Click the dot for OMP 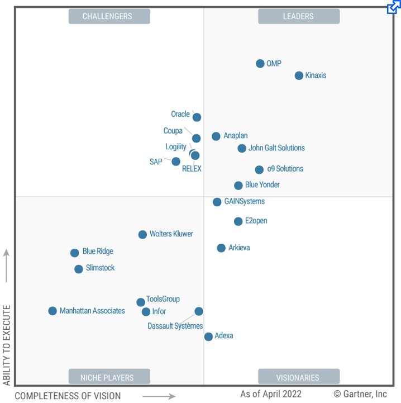point(260,64)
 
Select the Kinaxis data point point(299,75)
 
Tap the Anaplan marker point(216,136)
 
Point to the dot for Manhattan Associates point(52,311)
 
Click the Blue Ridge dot point(75,253)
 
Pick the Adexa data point point(208,336)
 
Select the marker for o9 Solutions point(259,170)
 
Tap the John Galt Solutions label point(276,148)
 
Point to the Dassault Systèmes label point(175,326)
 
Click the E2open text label point(256,221)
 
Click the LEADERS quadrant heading point(298,16)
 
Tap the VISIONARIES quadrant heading point(298,377)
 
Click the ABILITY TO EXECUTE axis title point(7,345)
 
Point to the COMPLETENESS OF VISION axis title point(68,396)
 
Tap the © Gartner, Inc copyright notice point(360,394)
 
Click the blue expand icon point(394,7)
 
